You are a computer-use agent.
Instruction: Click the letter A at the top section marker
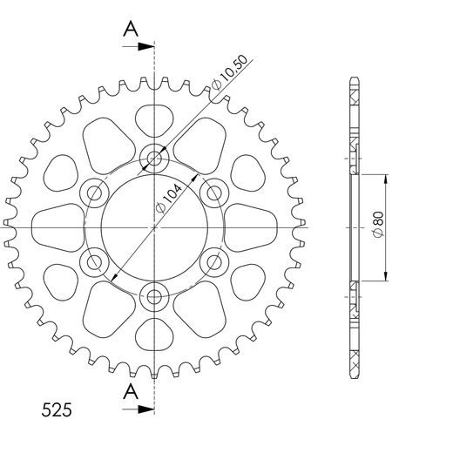coord(131,30)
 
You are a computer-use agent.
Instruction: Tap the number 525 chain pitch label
coord(56,409)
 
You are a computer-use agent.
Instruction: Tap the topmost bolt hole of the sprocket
coord(155,158)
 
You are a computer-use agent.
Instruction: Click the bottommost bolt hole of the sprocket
coord(155,297)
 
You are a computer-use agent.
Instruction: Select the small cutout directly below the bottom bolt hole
coord(155,335)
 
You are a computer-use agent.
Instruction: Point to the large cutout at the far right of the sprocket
coord(253,226)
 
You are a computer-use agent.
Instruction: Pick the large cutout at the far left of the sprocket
coord(57,226)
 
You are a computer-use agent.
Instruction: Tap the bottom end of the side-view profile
coord(355,373)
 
